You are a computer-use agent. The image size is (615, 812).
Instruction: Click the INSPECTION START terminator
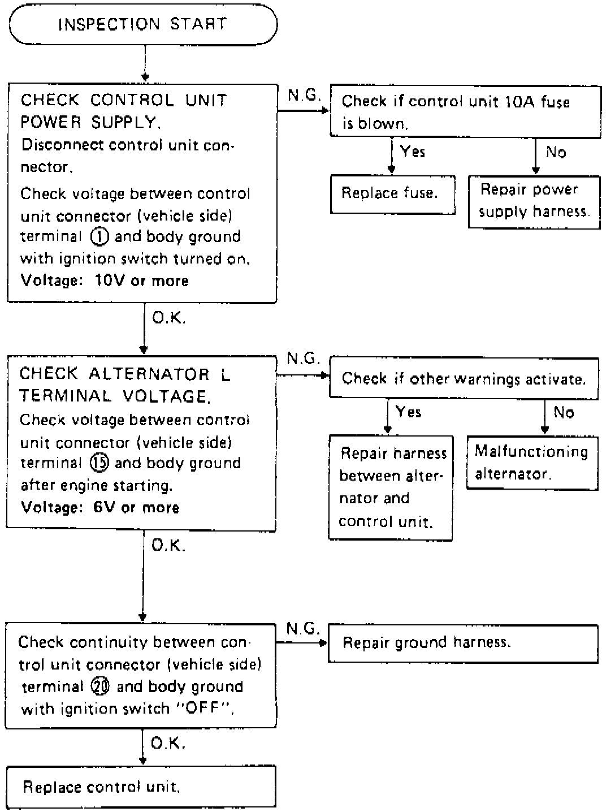pyautogui.click(x=143, y=24)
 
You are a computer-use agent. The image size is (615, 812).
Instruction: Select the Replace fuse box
pyautogui.click(x=392, y=193)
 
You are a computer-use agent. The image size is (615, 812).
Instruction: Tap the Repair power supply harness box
pyautogui.click(x=534, y=201)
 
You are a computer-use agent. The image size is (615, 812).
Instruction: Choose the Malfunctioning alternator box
pyautogui.click(x=532, y=463)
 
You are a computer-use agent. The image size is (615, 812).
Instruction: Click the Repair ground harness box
pyautogui.click(x=462, y=643)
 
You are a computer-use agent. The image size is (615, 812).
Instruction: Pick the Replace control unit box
pyautogui.click(x=141, y=787)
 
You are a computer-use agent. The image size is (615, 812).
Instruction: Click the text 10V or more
pyautogui.click(x=142, y=281)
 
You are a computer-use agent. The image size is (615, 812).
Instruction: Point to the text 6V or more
pyautogui.click(x=136, y=508)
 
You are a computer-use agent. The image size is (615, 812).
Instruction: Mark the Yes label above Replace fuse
pyautogui.click(x=413, y=152)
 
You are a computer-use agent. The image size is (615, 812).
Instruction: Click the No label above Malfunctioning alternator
pyautogui.click(x=564, y=412)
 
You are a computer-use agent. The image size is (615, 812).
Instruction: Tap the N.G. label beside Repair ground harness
pyautogui.click(x=303, y=629)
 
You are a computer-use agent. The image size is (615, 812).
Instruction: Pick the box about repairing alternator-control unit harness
pyautogui.click(x=391, y=487)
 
